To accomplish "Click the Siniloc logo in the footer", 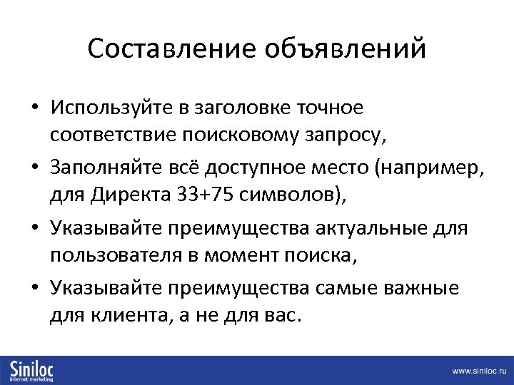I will coord(31,370).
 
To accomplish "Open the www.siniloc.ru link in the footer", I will coord(478,371).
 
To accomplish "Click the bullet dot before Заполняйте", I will coord(35,170).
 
